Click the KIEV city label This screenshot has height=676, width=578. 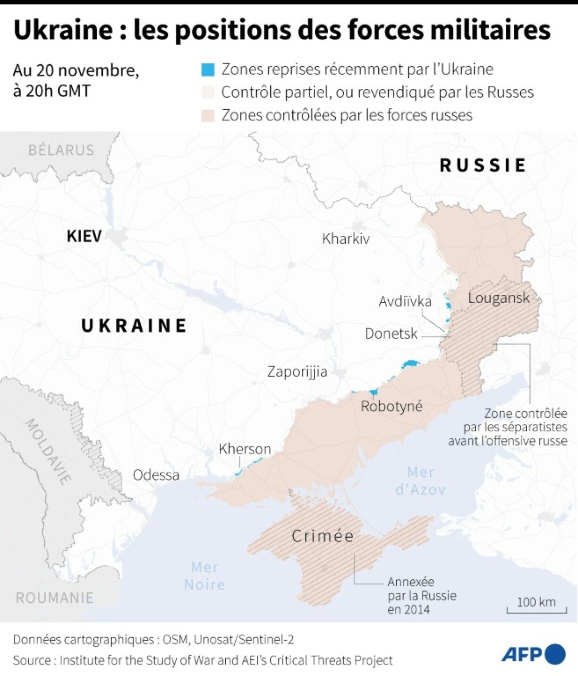(84, 236)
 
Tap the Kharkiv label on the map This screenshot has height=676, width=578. (346, 238)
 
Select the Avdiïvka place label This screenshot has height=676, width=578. (405, 301)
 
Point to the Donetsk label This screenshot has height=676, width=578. (391, 334)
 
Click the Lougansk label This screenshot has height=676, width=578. (499, 298)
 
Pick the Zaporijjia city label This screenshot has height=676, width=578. (297, 372)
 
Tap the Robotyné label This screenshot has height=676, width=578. (391, 406)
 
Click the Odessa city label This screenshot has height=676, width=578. (156, 475)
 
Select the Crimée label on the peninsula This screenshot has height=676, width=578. (323, 536)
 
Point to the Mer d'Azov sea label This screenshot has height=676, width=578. (420, 481)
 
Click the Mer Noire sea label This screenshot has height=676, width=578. (204, 575)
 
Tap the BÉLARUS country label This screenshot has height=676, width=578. (61, 150)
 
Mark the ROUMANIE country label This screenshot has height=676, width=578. (54, 598)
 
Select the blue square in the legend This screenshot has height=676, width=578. (208, 69)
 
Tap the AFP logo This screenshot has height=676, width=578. (533, 654)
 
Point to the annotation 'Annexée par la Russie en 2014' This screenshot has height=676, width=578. (422, 595)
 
